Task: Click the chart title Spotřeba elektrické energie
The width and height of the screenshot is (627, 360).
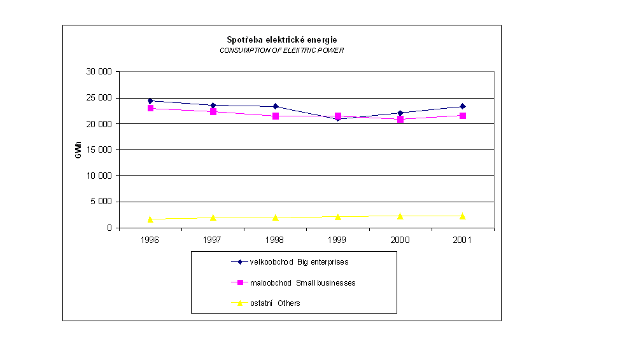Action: coord(282,39)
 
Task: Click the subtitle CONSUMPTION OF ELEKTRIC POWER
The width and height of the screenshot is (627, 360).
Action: coord(281,50)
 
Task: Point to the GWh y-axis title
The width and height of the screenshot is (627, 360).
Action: coord(78,149)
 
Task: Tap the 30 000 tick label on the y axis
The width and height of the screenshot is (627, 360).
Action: coord(99,72)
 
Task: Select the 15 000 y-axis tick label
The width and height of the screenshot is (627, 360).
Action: coord(99,149)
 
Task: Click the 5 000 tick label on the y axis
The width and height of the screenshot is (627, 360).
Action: coord(101,202)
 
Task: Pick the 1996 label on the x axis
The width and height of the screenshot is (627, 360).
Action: coord(150,240)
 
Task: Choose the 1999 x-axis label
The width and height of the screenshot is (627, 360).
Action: coord(338,240)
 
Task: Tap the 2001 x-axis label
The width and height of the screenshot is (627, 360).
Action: coord(463,240)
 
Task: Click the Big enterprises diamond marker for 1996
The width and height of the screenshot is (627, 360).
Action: coord(150,101)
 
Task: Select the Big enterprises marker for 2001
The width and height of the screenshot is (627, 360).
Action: coord(463,106)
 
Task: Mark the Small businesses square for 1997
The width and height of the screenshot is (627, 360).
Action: coord(213,111)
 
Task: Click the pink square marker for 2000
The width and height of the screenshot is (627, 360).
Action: coord(400,119)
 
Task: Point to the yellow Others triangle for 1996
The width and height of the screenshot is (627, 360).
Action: coord(150,219)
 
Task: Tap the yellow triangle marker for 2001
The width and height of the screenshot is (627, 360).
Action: coord(463,216)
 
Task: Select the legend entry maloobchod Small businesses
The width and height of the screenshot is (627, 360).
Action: coord(293,282)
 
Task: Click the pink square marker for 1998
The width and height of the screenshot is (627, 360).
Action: coord(276,116)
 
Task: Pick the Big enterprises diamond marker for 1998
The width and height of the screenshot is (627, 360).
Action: coord(276,106)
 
